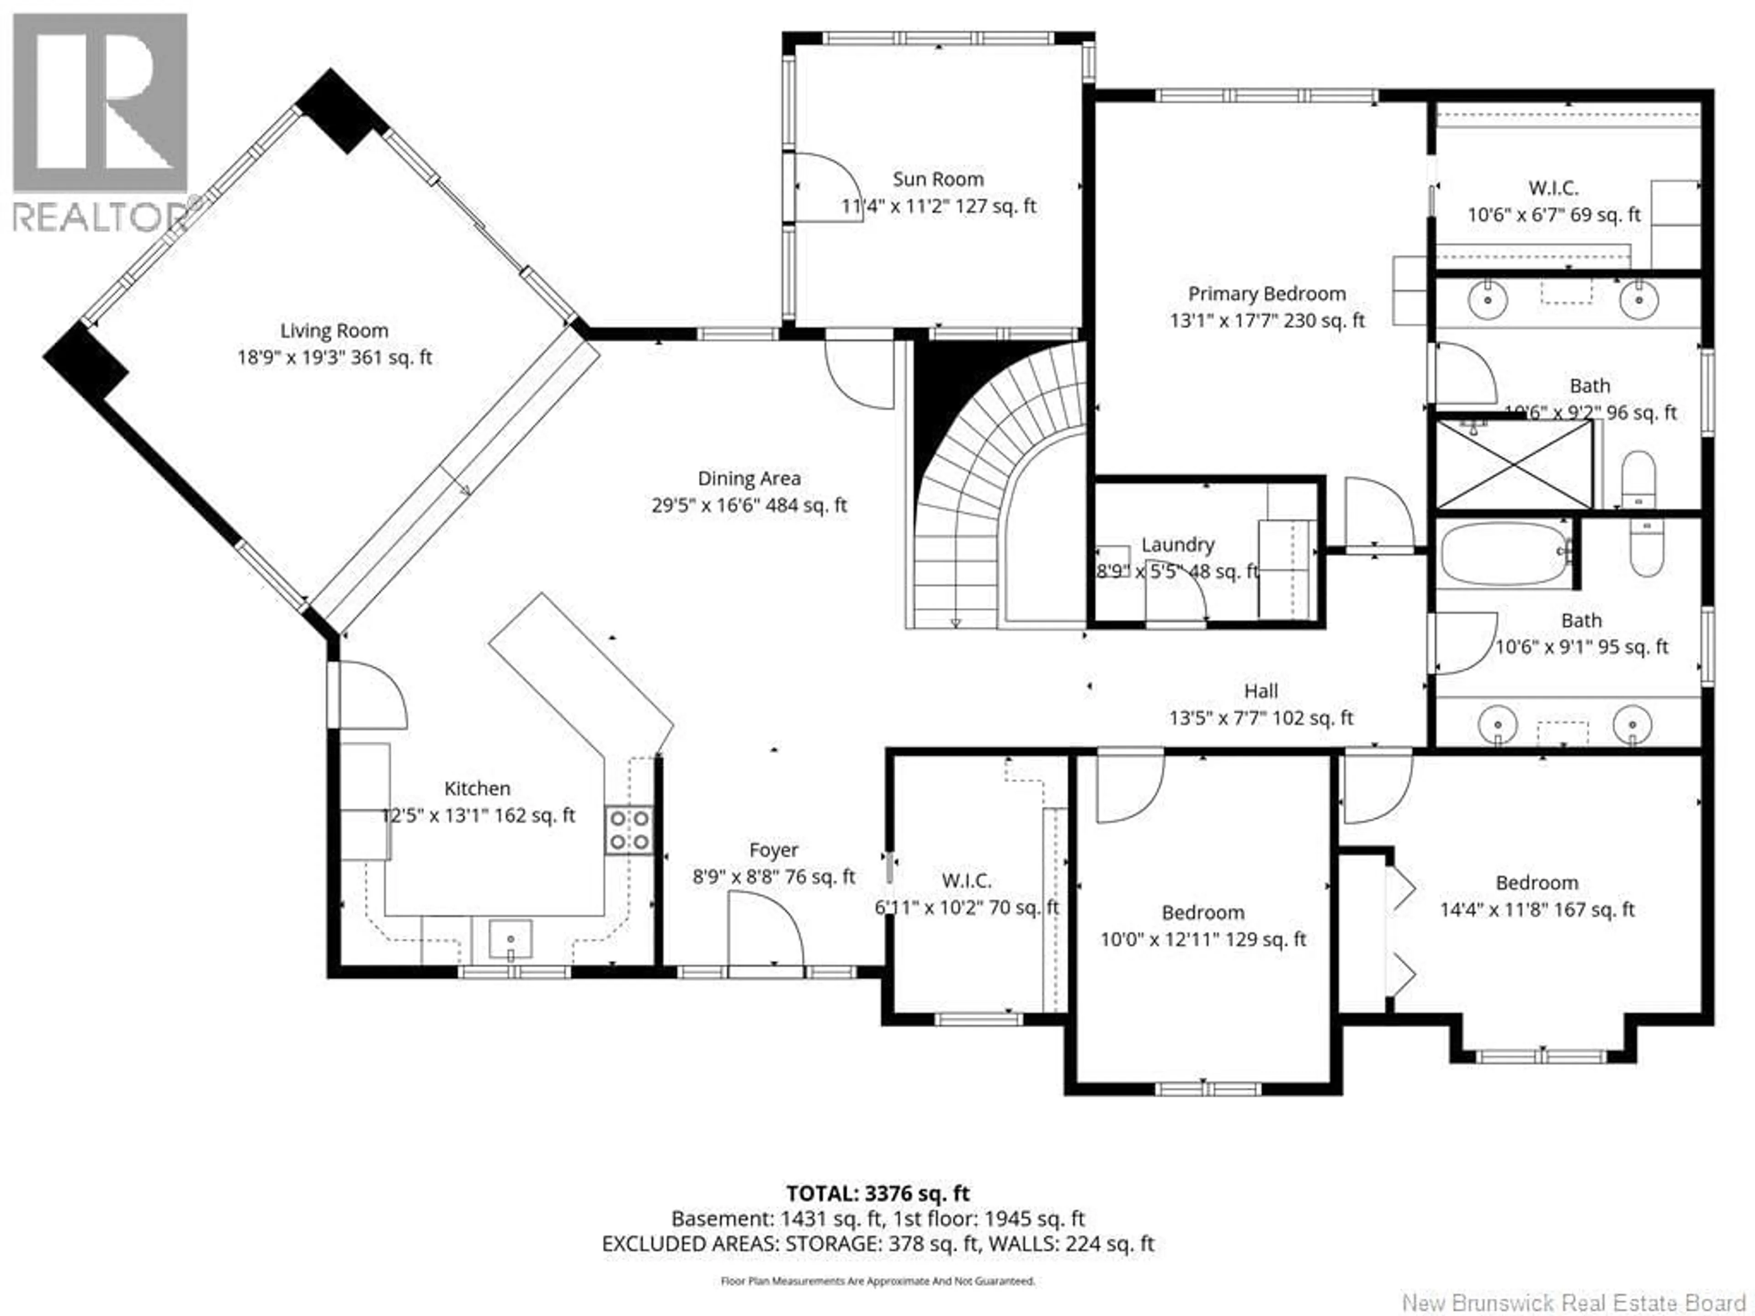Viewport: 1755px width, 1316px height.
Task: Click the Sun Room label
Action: point(938,179)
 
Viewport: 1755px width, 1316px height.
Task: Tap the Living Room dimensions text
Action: point(334,358)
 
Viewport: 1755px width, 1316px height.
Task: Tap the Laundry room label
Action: point(1177,545)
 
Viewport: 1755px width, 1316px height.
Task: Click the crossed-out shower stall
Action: point(1514,464)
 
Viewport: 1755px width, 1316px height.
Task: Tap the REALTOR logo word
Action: point(99,218)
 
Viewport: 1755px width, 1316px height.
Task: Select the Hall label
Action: point(1260,691)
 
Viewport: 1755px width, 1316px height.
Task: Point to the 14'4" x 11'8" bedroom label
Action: point(1537,883)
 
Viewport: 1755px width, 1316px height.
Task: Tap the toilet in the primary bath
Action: point(1638,480)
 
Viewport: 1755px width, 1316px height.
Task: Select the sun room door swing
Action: point(829,187)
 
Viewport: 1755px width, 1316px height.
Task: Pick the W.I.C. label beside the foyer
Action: point(966,881)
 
